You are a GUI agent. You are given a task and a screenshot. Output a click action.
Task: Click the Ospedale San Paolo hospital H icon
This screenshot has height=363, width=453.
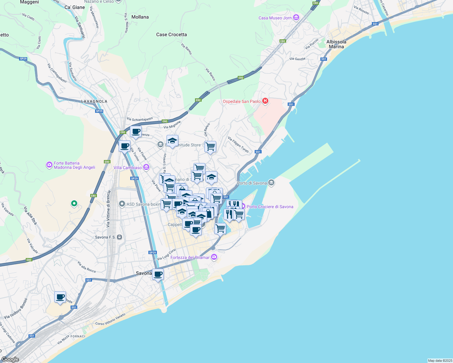[x=265, y=101]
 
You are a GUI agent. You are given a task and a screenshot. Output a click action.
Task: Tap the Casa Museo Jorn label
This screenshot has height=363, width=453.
[x=275, y=18]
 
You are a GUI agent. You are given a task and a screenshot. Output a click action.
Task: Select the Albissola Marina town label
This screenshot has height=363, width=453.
[x=336, y=44]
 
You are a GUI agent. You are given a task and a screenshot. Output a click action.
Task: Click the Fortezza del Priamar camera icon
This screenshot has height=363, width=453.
[x=214, y=257]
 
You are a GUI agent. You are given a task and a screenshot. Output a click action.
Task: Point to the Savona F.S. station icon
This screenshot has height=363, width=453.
[x=120, y=237]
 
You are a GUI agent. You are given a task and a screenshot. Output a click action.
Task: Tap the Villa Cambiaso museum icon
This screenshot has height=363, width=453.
[x=147, y=167]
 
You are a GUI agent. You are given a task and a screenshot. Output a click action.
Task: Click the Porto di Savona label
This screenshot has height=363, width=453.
[x=252, y=183]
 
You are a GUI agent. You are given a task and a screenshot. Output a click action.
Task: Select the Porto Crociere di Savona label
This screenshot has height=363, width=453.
[x=270, y=207]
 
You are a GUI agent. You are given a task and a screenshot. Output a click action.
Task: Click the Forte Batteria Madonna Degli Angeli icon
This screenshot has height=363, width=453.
[x=49, y=165]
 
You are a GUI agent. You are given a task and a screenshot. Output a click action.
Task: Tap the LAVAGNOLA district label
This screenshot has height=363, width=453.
[x=94, y=101]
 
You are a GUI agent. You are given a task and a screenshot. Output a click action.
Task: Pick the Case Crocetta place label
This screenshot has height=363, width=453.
[x=171, y=34]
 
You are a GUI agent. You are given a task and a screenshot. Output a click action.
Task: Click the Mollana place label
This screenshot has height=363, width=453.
[x=140, y=17]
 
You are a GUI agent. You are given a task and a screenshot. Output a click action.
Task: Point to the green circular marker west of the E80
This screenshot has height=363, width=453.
[x=74, y=204]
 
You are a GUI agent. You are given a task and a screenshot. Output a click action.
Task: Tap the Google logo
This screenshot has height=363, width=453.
[x=10, y=359]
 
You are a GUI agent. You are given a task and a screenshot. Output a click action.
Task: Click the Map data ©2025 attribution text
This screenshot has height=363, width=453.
[x=440, y=361]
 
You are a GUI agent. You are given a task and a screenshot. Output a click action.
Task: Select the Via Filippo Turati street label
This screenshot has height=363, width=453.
[x=238, y=145]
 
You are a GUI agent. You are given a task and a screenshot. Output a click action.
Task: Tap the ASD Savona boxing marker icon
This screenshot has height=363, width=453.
[x=122, y=204]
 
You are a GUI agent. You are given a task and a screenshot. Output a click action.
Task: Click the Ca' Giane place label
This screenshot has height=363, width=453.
[x=75, y=7]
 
